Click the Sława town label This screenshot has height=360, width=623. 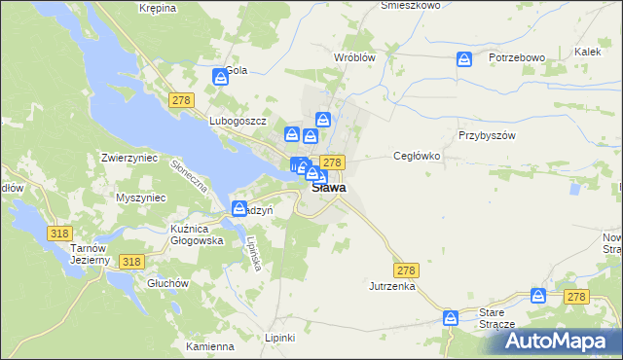click(329, 188)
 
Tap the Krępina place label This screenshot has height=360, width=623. click(157, 8)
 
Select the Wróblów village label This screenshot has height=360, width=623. click(354, 57)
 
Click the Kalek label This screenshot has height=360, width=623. click(587, 51)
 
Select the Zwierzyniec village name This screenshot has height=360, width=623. click(130, 157)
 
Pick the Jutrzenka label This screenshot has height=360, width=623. click(392, 287)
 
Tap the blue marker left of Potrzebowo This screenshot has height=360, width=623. click(465, 60)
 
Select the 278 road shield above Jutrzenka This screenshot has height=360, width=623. click(405, 268)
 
